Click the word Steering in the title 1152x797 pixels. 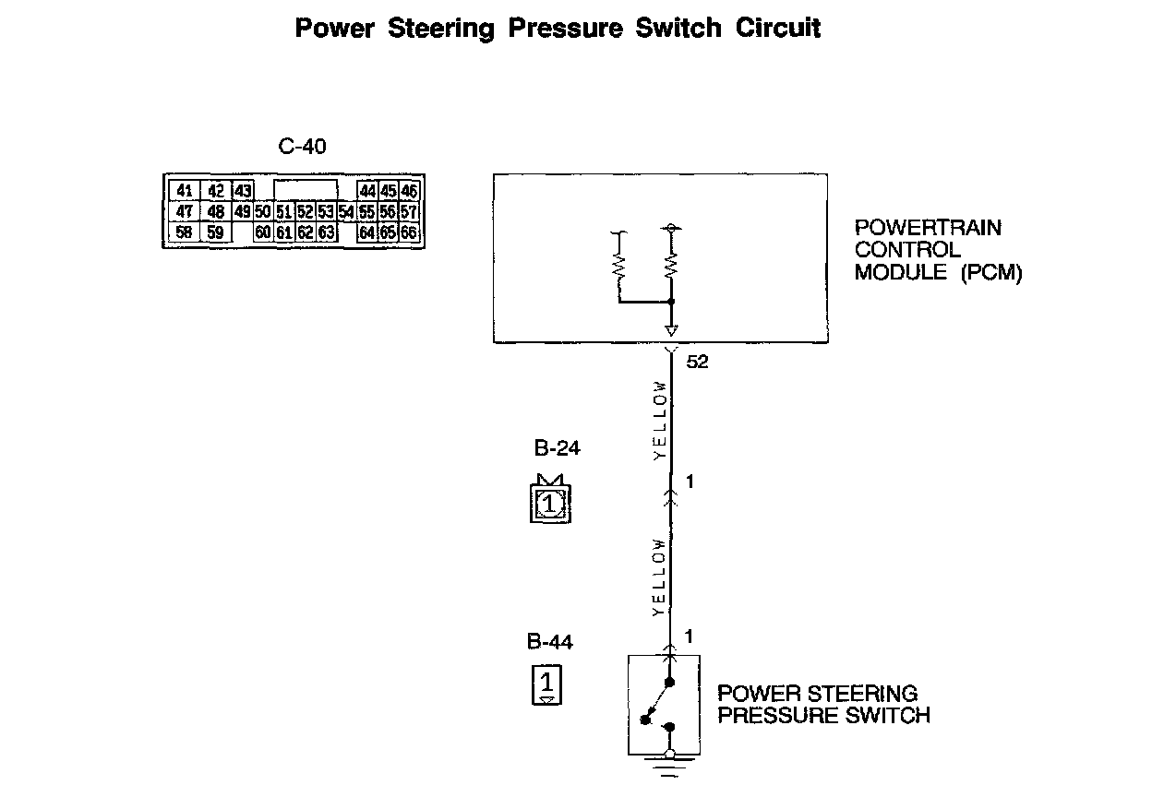(x=441, y=29)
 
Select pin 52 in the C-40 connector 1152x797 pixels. (x=306, y=212)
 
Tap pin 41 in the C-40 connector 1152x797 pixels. (x=185, y=191)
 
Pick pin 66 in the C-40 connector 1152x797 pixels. (x=409, y=232)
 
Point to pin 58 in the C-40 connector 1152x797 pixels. (x=185, y=232)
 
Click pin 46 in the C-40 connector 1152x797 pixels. (x=409, y=191)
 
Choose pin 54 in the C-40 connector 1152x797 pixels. (x=346, y=212)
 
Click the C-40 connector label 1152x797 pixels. (x=302, y=147)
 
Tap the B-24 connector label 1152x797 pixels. (x=558, y=450)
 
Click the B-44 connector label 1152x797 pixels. (x=549, y=642)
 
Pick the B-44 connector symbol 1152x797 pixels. (x=546, y=685)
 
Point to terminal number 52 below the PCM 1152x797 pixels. (x=698, y=363)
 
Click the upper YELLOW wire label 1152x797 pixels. (x=659, y=420)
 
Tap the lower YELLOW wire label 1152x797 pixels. (x=659, y=577)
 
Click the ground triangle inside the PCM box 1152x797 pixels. (x=671, y=330)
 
